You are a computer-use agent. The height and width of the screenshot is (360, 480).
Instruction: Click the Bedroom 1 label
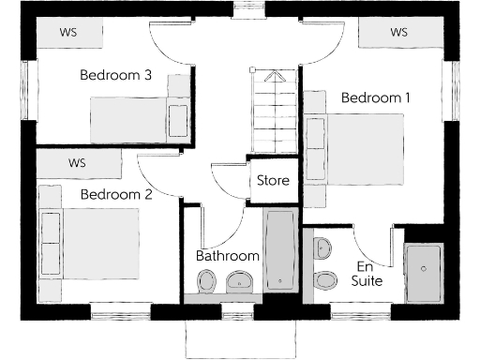376,97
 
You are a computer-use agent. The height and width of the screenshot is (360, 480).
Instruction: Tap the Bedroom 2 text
115,195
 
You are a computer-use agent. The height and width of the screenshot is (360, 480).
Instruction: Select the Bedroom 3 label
115,76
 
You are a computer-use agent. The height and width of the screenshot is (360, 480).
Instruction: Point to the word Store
273,180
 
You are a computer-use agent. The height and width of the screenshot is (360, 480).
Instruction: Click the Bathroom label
227,255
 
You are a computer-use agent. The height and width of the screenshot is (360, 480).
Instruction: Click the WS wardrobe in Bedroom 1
399,33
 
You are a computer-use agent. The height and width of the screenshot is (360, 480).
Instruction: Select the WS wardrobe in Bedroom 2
78,163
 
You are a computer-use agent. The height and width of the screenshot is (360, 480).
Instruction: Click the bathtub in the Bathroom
279,250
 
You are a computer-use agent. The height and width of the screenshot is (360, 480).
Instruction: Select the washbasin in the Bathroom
237,280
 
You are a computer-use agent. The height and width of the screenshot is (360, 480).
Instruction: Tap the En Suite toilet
324,278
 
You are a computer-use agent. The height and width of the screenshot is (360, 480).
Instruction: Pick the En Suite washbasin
322,248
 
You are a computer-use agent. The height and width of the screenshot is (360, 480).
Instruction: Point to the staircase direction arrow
275,79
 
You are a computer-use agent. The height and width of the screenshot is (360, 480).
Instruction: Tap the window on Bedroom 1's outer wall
457,91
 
